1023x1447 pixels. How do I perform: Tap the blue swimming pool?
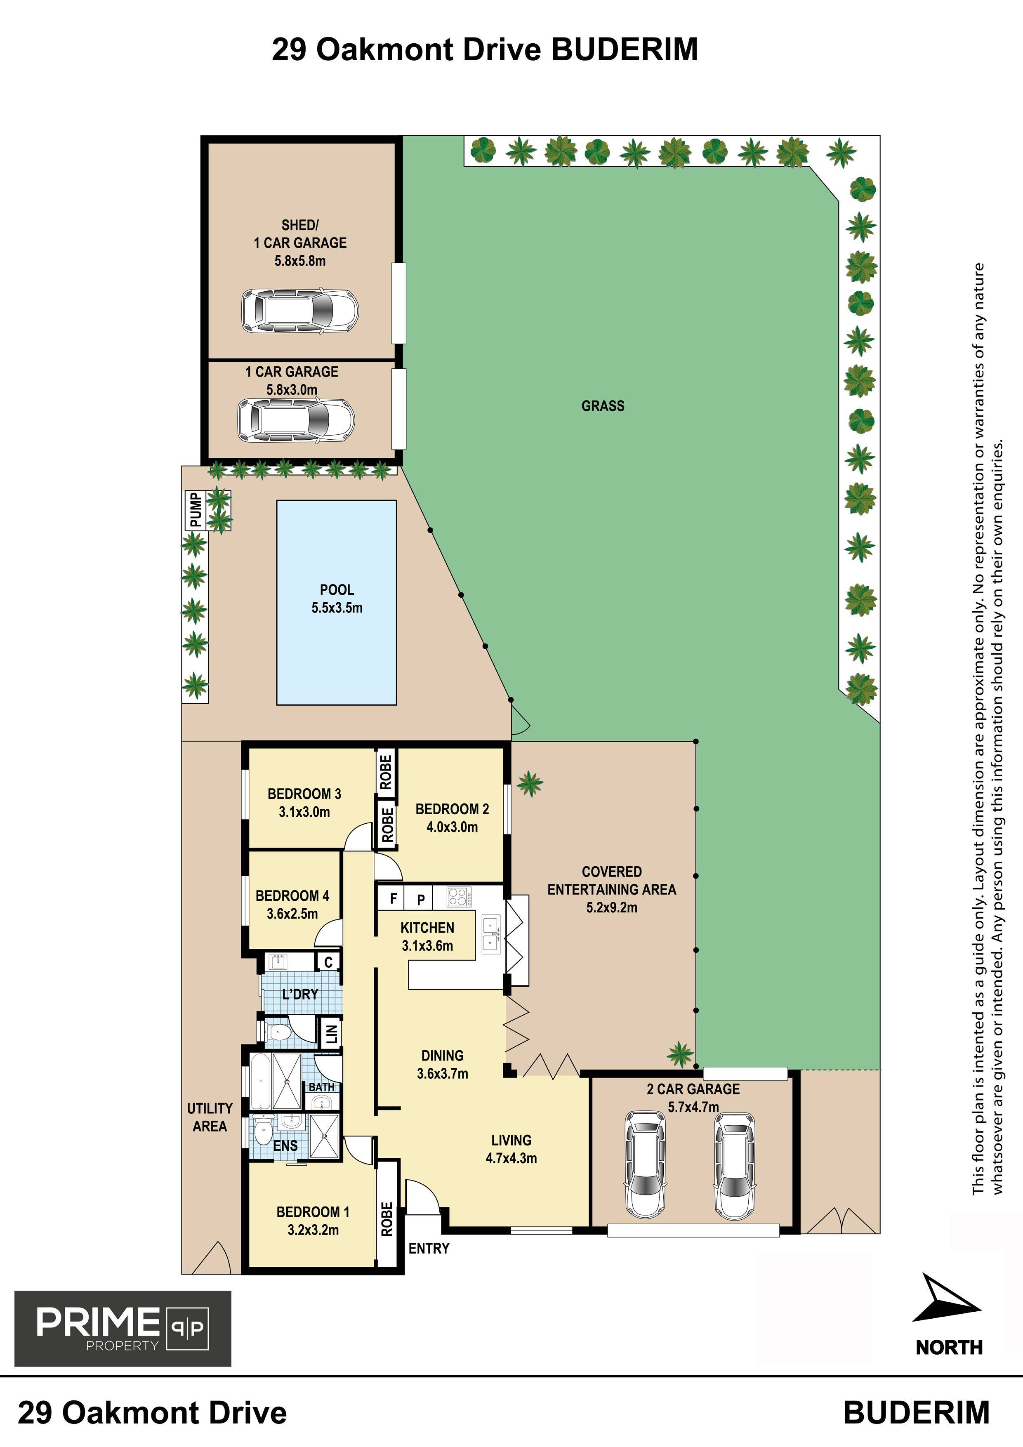337,603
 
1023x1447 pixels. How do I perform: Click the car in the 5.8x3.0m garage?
296,420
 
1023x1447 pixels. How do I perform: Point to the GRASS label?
603,406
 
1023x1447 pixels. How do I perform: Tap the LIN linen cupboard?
331,1033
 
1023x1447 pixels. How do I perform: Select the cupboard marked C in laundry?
328,962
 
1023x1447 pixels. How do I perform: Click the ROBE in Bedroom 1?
387,1218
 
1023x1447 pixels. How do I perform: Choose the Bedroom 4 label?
292,896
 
